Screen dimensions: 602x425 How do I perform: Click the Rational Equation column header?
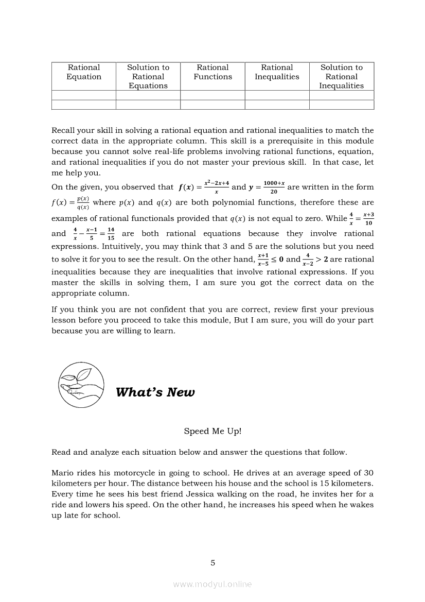point(84,72)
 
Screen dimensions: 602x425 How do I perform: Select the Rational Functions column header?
point(213,72)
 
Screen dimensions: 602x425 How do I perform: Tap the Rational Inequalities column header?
point(277,72)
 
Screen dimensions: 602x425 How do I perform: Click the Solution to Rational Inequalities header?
point(342,77)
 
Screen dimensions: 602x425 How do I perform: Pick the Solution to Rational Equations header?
point(148,77)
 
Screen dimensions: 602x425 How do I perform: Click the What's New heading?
point(155,392)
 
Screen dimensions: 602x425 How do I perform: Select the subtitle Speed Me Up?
point(213,432)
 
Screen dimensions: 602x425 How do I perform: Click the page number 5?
point(213,563)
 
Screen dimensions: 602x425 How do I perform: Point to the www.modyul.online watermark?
point(213,584)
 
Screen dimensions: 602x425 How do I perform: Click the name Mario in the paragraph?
point(63,473)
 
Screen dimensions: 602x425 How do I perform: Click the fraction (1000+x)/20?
point(274,187)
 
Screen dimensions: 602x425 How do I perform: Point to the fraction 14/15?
point(111,234)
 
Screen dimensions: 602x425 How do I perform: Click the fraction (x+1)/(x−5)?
point(263,259)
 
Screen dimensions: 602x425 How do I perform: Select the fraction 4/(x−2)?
point(308,259)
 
